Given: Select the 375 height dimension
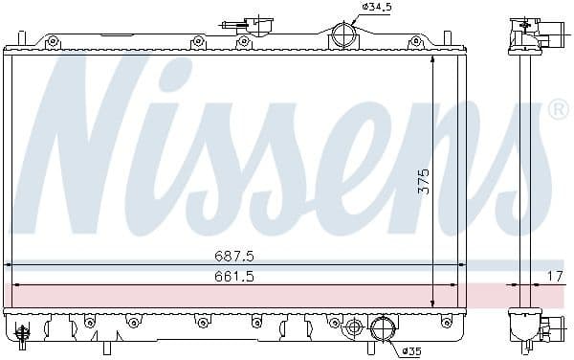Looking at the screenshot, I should (423, 181).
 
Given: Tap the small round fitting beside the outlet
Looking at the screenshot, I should (354, 327).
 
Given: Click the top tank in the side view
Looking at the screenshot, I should (525, 34).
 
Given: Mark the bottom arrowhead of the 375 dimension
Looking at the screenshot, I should (433, 303).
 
